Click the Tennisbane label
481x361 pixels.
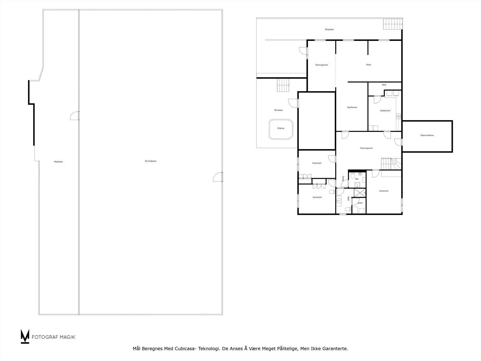[150, 161]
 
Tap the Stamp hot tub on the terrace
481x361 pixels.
[281, 129]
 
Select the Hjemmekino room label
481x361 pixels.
[427, 135]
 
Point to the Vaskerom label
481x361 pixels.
[385, 110]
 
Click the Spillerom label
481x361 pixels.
[352, 107]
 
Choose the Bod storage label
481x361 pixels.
[384, 85]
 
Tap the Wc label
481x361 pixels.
[357, 179]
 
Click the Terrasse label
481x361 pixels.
[278, 110]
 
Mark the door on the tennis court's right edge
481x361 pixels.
[218, 177]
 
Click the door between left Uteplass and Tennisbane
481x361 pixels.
[75, 116]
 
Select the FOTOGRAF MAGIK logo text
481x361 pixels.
[54, 337]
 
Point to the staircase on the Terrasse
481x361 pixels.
[283, 85]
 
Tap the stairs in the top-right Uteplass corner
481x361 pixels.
[393, 24]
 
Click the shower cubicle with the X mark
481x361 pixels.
[360, 193]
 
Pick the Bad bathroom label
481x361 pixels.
[348, 198]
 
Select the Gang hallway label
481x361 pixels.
[343, 178]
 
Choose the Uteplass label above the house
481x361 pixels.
[329, 29]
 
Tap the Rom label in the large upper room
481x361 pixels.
[369, 65]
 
